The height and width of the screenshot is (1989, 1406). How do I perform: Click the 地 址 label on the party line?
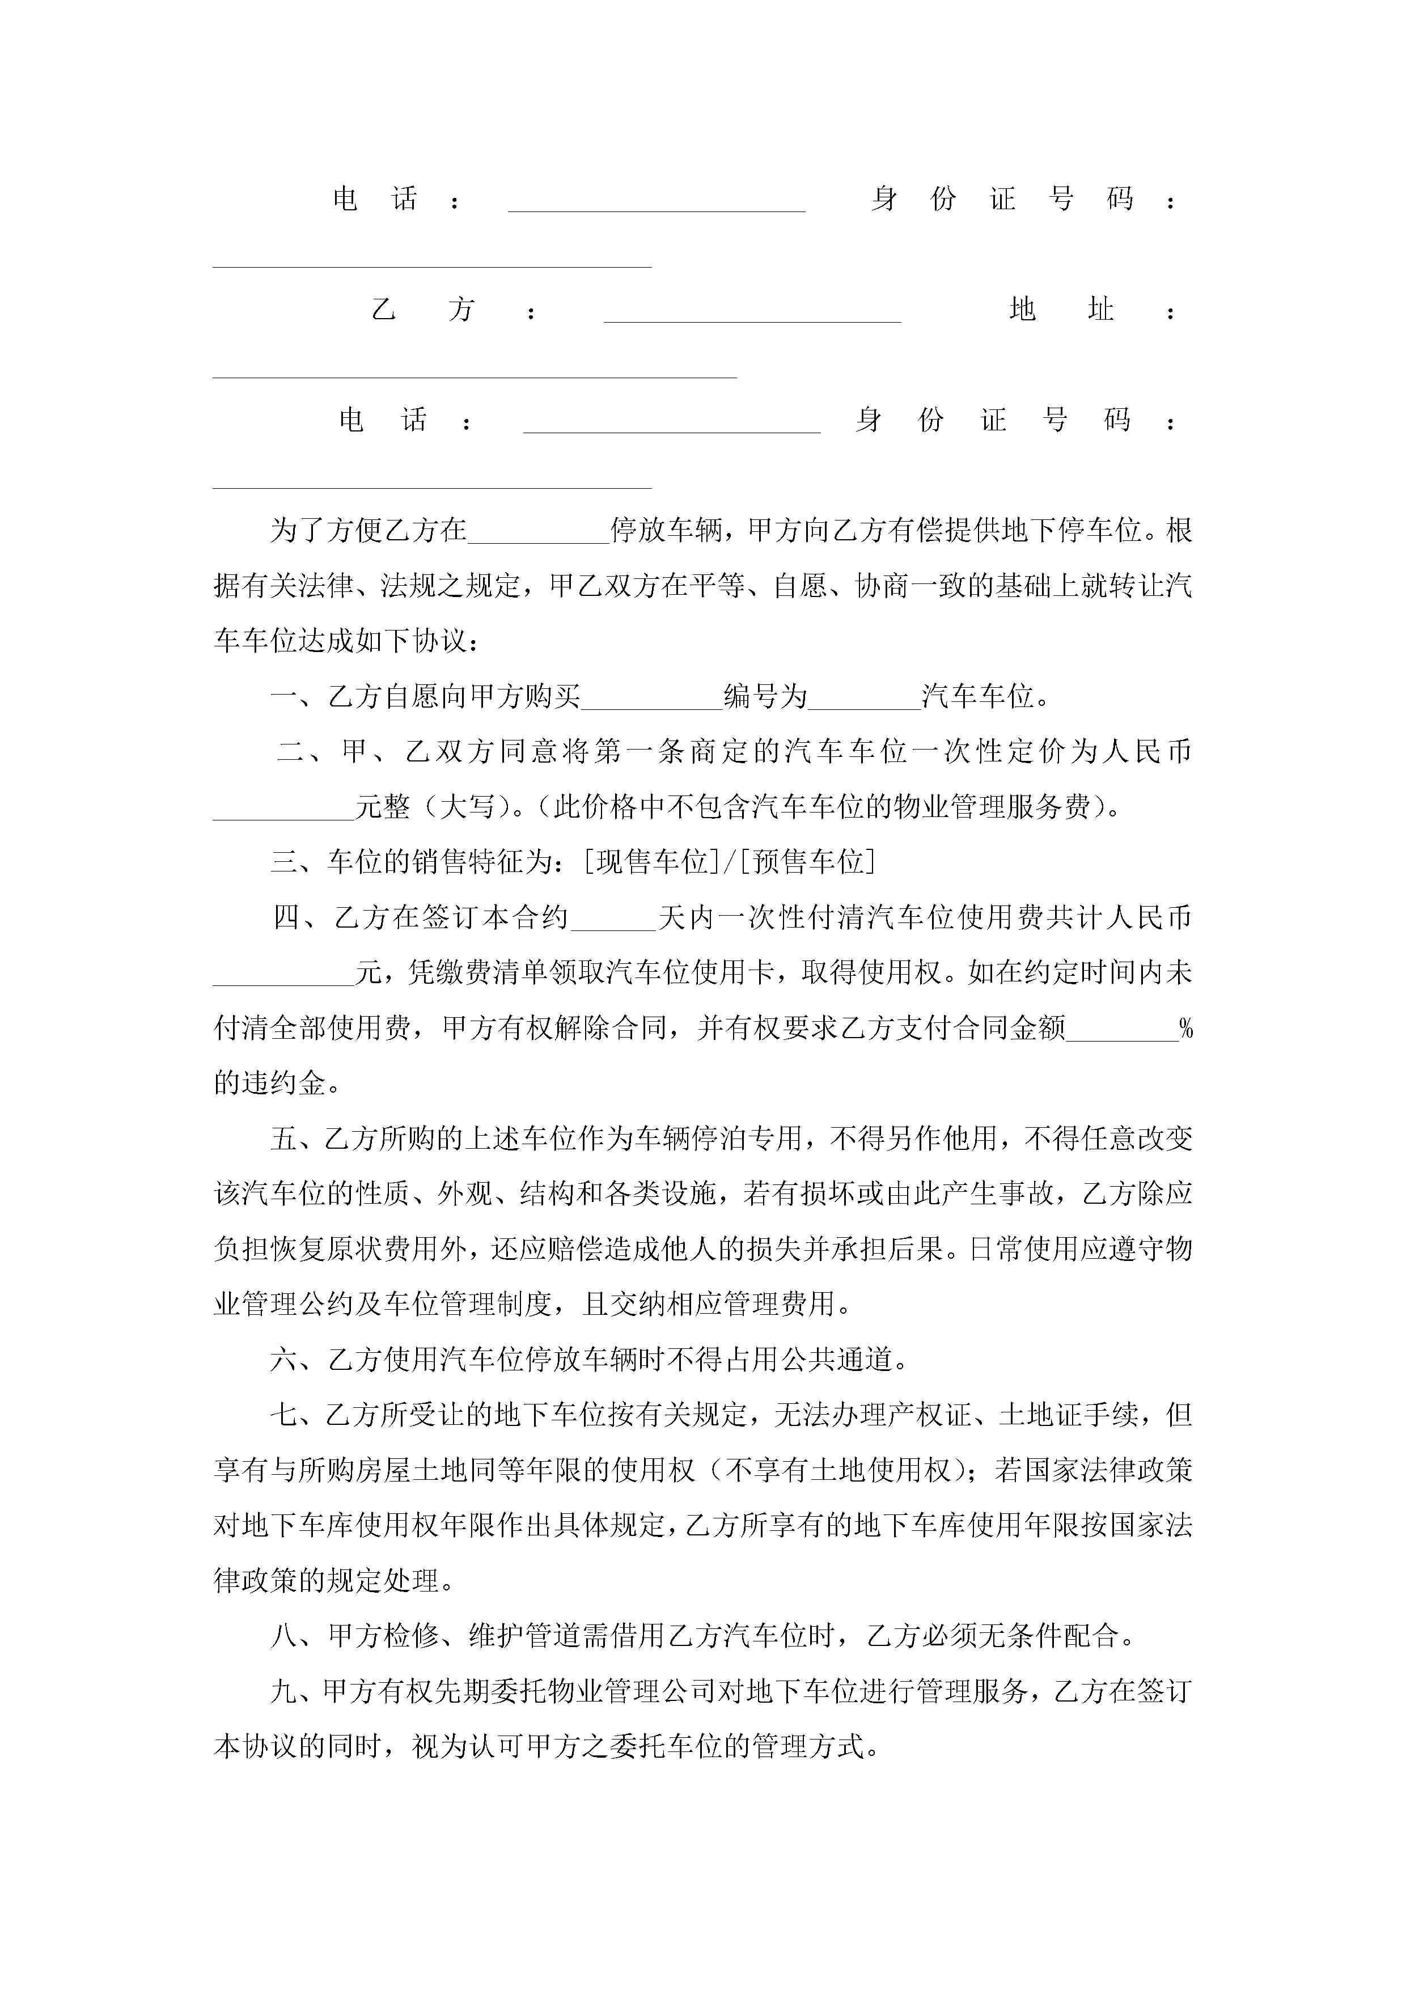click(x=1061, y=309)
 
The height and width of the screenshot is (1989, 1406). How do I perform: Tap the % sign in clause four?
click(x=1186, y=1029)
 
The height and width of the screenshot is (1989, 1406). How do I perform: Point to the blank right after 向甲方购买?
click(x=651, y=697)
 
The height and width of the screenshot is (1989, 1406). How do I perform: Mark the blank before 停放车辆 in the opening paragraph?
click(x=539, y=531)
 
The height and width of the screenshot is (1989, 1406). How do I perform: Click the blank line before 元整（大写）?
click(x=284, y=809)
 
